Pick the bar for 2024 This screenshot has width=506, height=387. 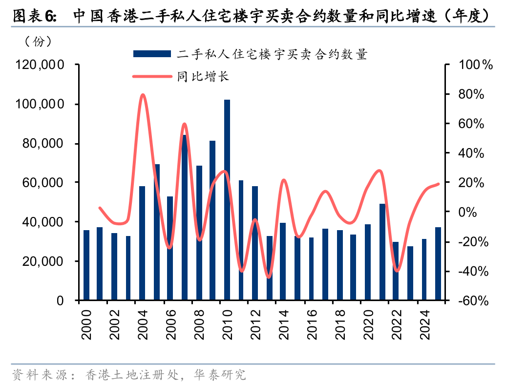coord(424,269)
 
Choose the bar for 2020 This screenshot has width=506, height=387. coord(367,262)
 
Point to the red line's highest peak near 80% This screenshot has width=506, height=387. coord(143,95)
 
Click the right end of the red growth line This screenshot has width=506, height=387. coord(438,184)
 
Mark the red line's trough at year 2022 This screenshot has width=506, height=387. coord(397,271)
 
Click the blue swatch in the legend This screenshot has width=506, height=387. coord(152,54)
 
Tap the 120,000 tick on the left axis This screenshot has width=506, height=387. coord(40,64)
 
